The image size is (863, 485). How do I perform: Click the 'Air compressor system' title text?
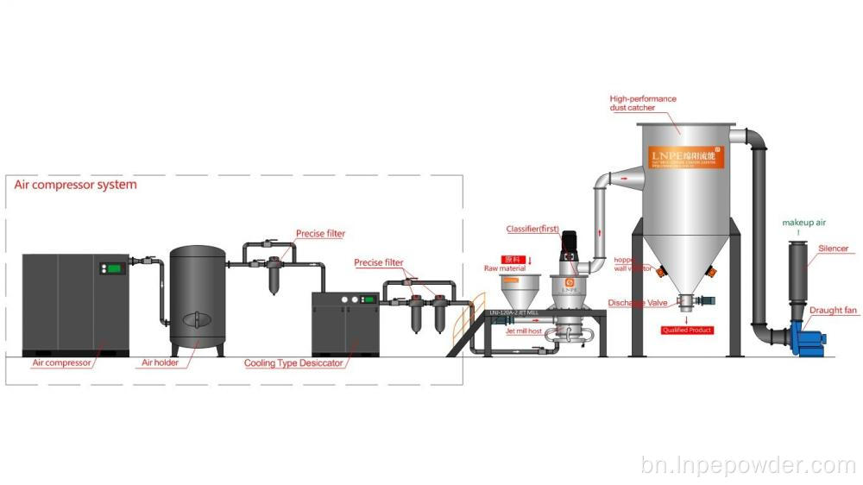pyautogui.click(x=75, y=185)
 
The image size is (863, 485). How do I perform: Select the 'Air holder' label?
pyautogui.click(x=160, y=363)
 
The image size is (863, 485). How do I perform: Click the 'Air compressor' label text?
pyautogui.click(x=61, y=363)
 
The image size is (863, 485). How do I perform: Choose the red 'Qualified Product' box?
pyautogui.click(x=687, y=330)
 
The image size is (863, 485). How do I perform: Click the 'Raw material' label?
pyautogui.click(x=505, y=268)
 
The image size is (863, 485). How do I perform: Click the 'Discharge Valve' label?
pyautogui.click(x=635, y=303)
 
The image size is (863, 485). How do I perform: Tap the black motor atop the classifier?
pyautogui.click(x=568, y=244)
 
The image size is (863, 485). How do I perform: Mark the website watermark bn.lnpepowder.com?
pyautogui.click(x=748, y=466)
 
